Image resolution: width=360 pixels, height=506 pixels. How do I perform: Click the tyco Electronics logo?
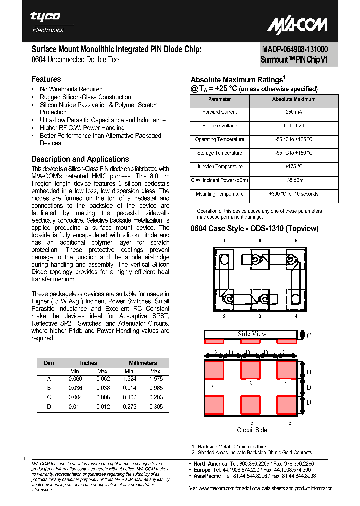[48, 22]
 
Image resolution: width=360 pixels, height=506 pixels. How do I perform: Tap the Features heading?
[46, 79]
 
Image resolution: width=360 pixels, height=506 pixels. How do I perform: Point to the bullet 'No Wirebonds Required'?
[71, 89]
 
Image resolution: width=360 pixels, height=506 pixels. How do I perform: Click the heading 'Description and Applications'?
[80, 159]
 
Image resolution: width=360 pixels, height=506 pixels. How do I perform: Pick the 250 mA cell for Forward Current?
[293, 112]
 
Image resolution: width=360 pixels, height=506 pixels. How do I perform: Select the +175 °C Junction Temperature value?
[293, 167]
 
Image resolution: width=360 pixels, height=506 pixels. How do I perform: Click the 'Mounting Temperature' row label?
[219, 194]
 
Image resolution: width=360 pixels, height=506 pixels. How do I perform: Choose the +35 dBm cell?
[293, 180]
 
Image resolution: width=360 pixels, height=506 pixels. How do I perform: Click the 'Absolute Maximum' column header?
[293, 99]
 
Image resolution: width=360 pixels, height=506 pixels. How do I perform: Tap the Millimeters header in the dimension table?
[143, 363]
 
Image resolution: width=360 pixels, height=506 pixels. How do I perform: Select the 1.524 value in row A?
[130, 379]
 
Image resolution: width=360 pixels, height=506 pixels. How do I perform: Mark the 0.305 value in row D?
[156, 407]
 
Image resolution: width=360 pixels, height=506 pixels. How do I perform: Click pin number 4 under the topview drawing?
[296, 316]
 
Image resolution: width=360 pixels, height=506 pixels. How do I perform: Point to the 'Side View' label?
[252, 334]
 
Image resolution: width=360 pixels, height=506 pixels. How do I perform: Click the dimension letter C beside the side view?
[308, 336]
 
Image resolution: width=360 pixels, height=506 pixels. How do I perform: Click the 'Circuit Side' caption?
[252, 430]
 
